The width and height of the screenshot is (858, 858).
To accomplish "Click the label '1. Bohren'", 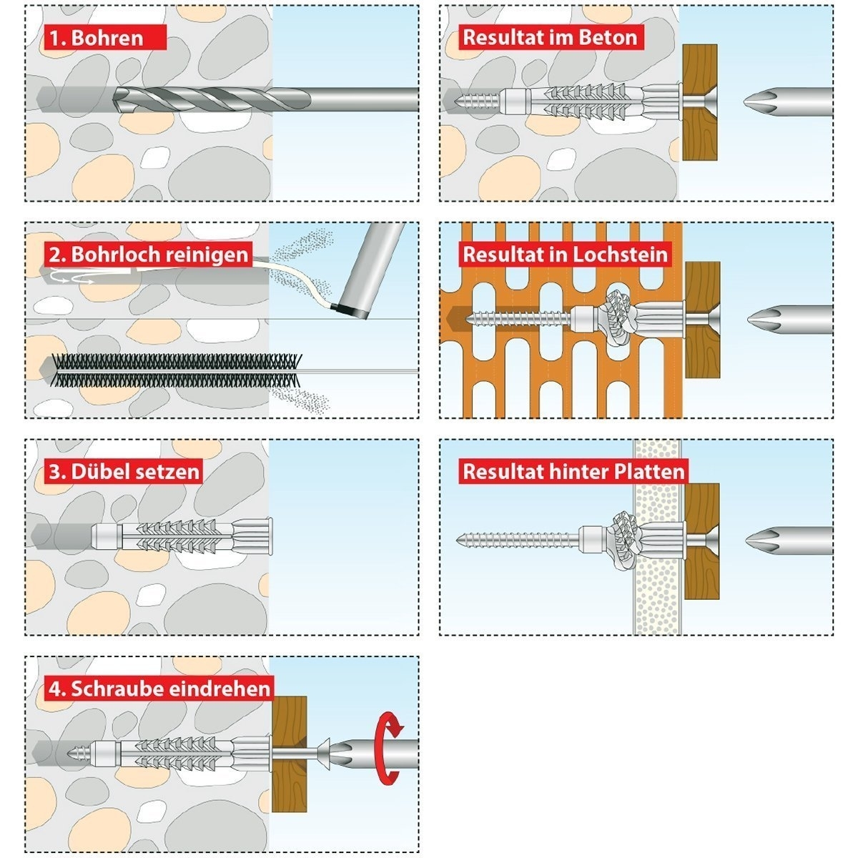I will pos(96,37).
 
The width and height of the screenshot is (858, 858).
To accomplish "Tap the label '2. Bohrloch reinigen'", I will pos(149,254).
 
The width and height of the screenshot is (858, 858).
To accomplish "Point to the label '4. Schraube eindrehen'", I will pos(160,689).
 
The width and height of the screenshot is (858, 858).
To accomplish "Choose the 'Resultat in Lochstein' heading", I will pos(565,254).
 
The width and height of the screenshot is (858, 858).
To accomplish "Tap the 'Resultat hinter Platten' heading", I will pos(573,471).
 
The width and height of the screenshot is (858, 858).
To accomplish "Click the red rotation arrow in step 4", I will pos(390,748).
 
